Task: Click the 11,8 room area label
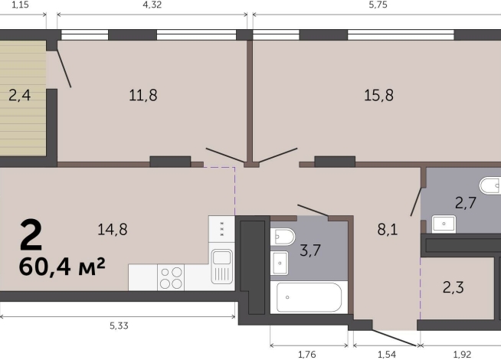143,95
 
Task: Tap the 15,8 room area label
379,95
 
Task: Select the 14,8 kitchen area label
113,229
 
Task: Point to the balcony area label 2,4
19,95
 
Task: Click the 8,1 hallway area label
388,229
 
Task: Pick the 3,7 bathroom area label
310,250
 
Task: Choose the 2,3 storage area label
454,287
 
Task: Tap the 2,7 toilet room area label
466,203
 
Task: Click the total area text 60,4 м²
62,267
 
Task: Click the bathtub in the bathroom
309,297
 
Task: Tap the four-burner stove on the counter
171,277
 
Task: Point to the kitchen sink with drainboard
221,267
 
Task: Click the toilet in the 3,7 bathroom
283,237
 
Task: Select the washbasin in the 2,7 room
444,224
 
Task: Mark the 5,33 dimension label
120,326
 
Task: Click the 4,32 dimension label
152,5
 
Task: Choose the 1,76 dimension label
307,354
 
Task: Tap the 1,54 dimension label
387,354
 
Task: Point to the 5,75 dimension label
378,5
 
